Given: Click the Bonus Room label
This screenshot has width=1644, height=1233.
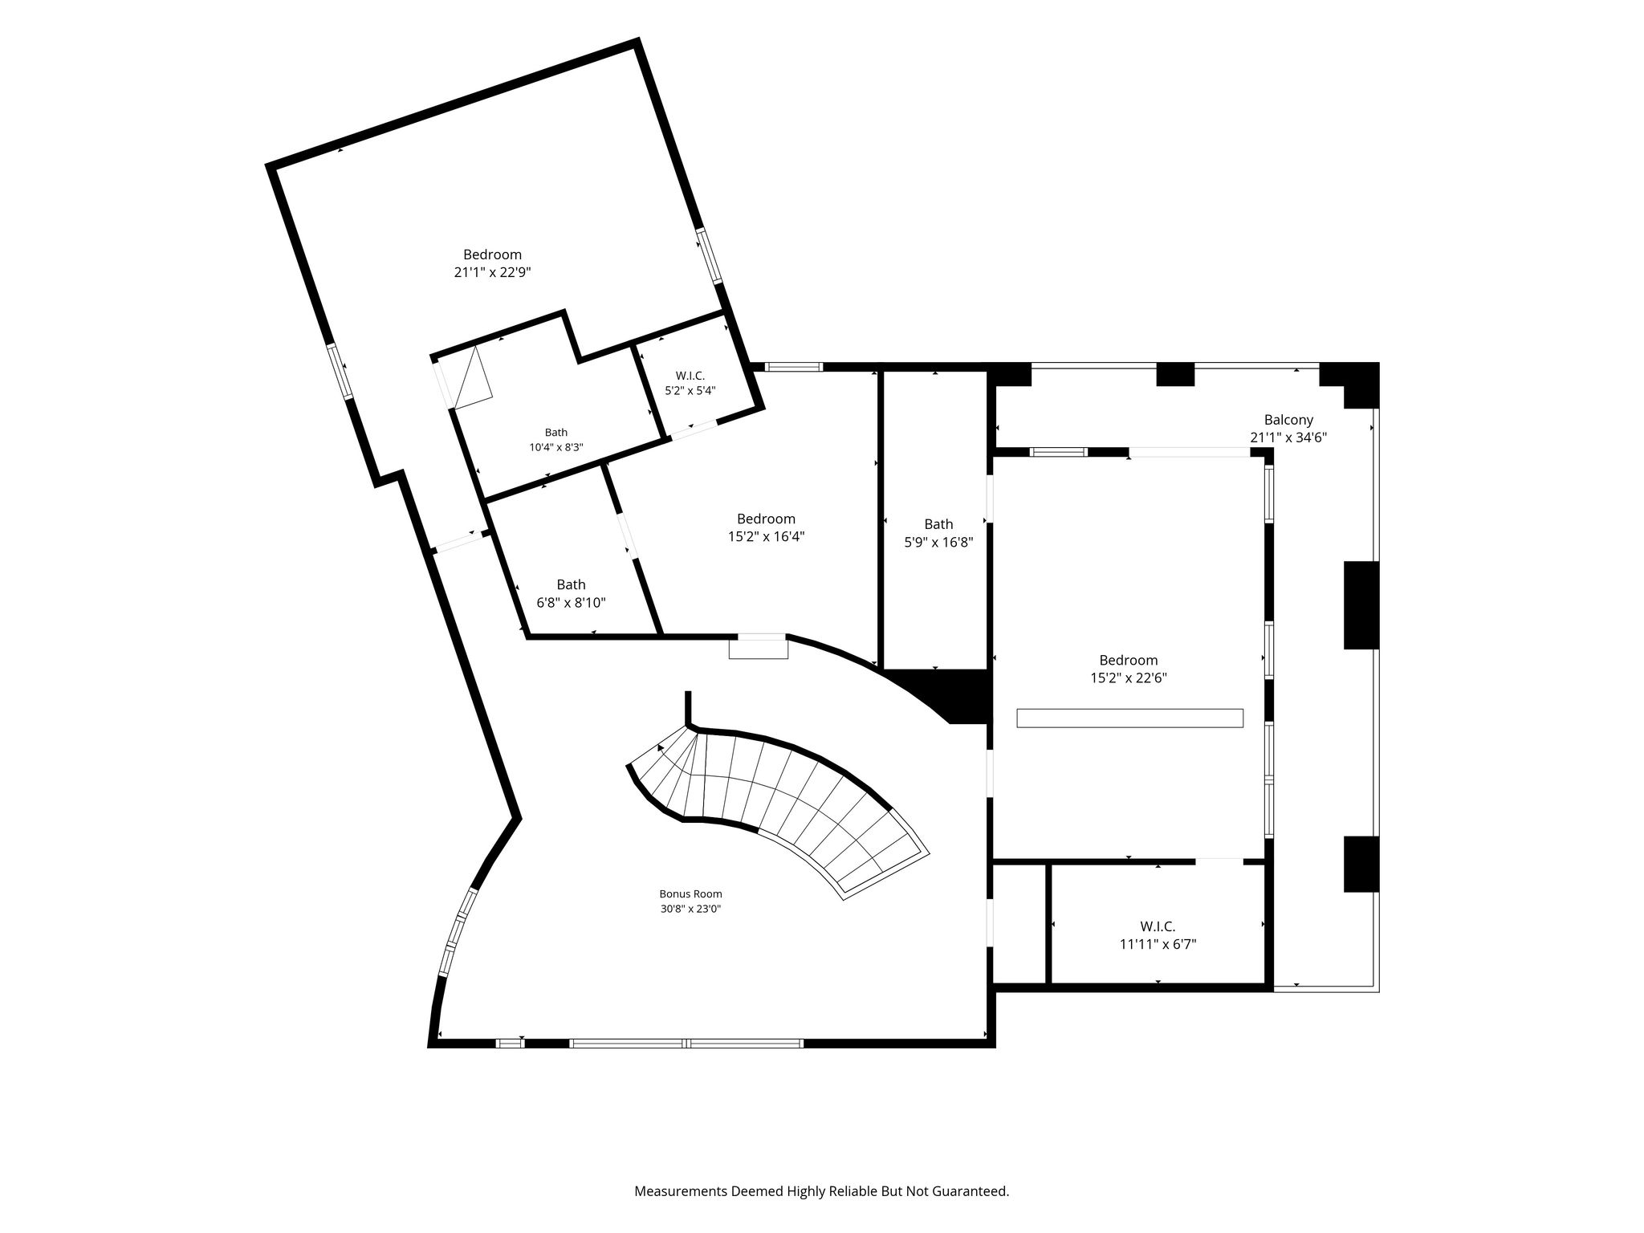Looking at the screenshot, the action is (x=690, y=893).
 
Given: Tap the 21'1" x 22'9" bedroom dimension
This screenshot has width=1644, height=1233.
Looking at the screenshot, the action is (x=492, y=272).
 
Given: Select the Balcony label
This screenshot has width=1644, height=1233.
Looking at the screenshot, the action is (x=1288, y=420).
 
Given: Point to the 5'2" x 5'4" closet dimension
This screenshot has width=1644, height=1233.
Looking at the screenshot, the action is (x=690, y=391).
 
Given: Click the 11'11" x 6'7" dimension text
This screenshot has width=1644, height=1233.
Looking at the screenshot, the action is (x=1158, y=945).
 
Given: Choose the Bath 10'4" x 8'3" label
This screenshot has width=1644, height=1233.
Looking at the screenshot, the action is (x=555, y=440).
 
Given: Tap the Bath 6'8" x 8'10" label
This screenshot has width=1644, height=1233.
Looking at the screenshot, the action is (x=571, y=594).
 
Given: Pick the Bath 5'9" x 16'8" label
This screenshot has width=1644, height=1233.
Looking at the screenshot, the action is (x=938, y=533).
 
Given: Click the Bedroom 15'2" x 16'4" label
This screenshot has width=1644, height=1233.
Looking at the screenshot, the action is (x=766, y=527).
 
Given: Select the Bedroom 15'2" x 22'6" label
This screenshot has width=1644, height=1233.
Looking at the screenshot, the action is (x=1128, y=669).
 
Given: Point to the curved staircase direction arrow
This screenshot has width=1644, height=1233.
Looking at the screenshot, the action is (x=661, y=748).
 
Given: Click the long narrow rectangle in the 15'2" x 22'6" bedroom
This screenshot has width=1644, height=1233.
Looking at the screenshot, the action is (x=1129, y=718).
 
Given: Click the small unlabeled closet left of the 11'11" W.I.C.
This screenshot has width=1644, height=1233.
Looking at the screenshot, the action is (x=1020, y=923).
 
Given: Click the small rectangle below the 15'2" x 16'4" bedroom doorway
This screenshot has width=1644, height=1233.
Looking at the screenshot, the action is (x=758, y=649).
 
